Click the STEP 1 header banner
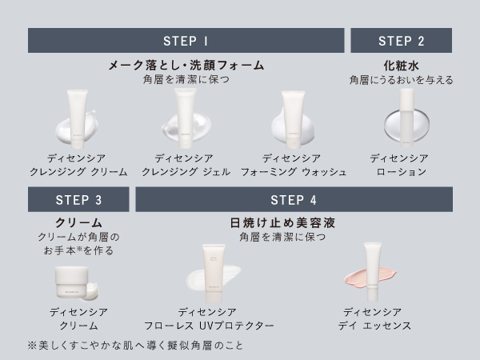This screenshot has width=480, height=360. coord(186,41)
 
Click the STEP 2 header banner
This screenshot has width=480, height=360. coord(401,41)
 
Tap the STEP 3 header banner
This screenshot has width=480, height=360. coord(78,200)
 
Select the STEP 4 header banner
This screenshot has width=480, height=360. coord(294,200)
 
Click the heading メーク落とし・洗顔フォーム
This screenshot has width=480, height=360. coord(186,65)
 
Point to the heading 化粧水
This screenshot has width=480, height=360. coord(401,65)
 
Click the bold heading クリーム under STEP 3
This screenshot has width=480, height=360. coord(78,222)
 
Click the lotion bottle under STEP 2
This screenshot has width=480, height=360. coord(406,112)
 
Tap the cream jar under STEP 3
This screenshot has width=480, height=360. coord(77,280)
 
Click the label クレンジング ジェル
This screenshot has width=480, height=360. coord(186,172)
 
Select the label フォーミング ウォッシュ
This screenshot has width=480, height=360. coord(294,172)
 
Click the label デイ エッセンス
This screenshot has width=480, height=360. coord(376,326)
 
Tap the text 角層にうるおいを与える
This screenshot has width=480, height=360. coord(401,80)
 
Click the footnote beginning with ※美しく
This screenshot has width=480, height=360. coord(134,346)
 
